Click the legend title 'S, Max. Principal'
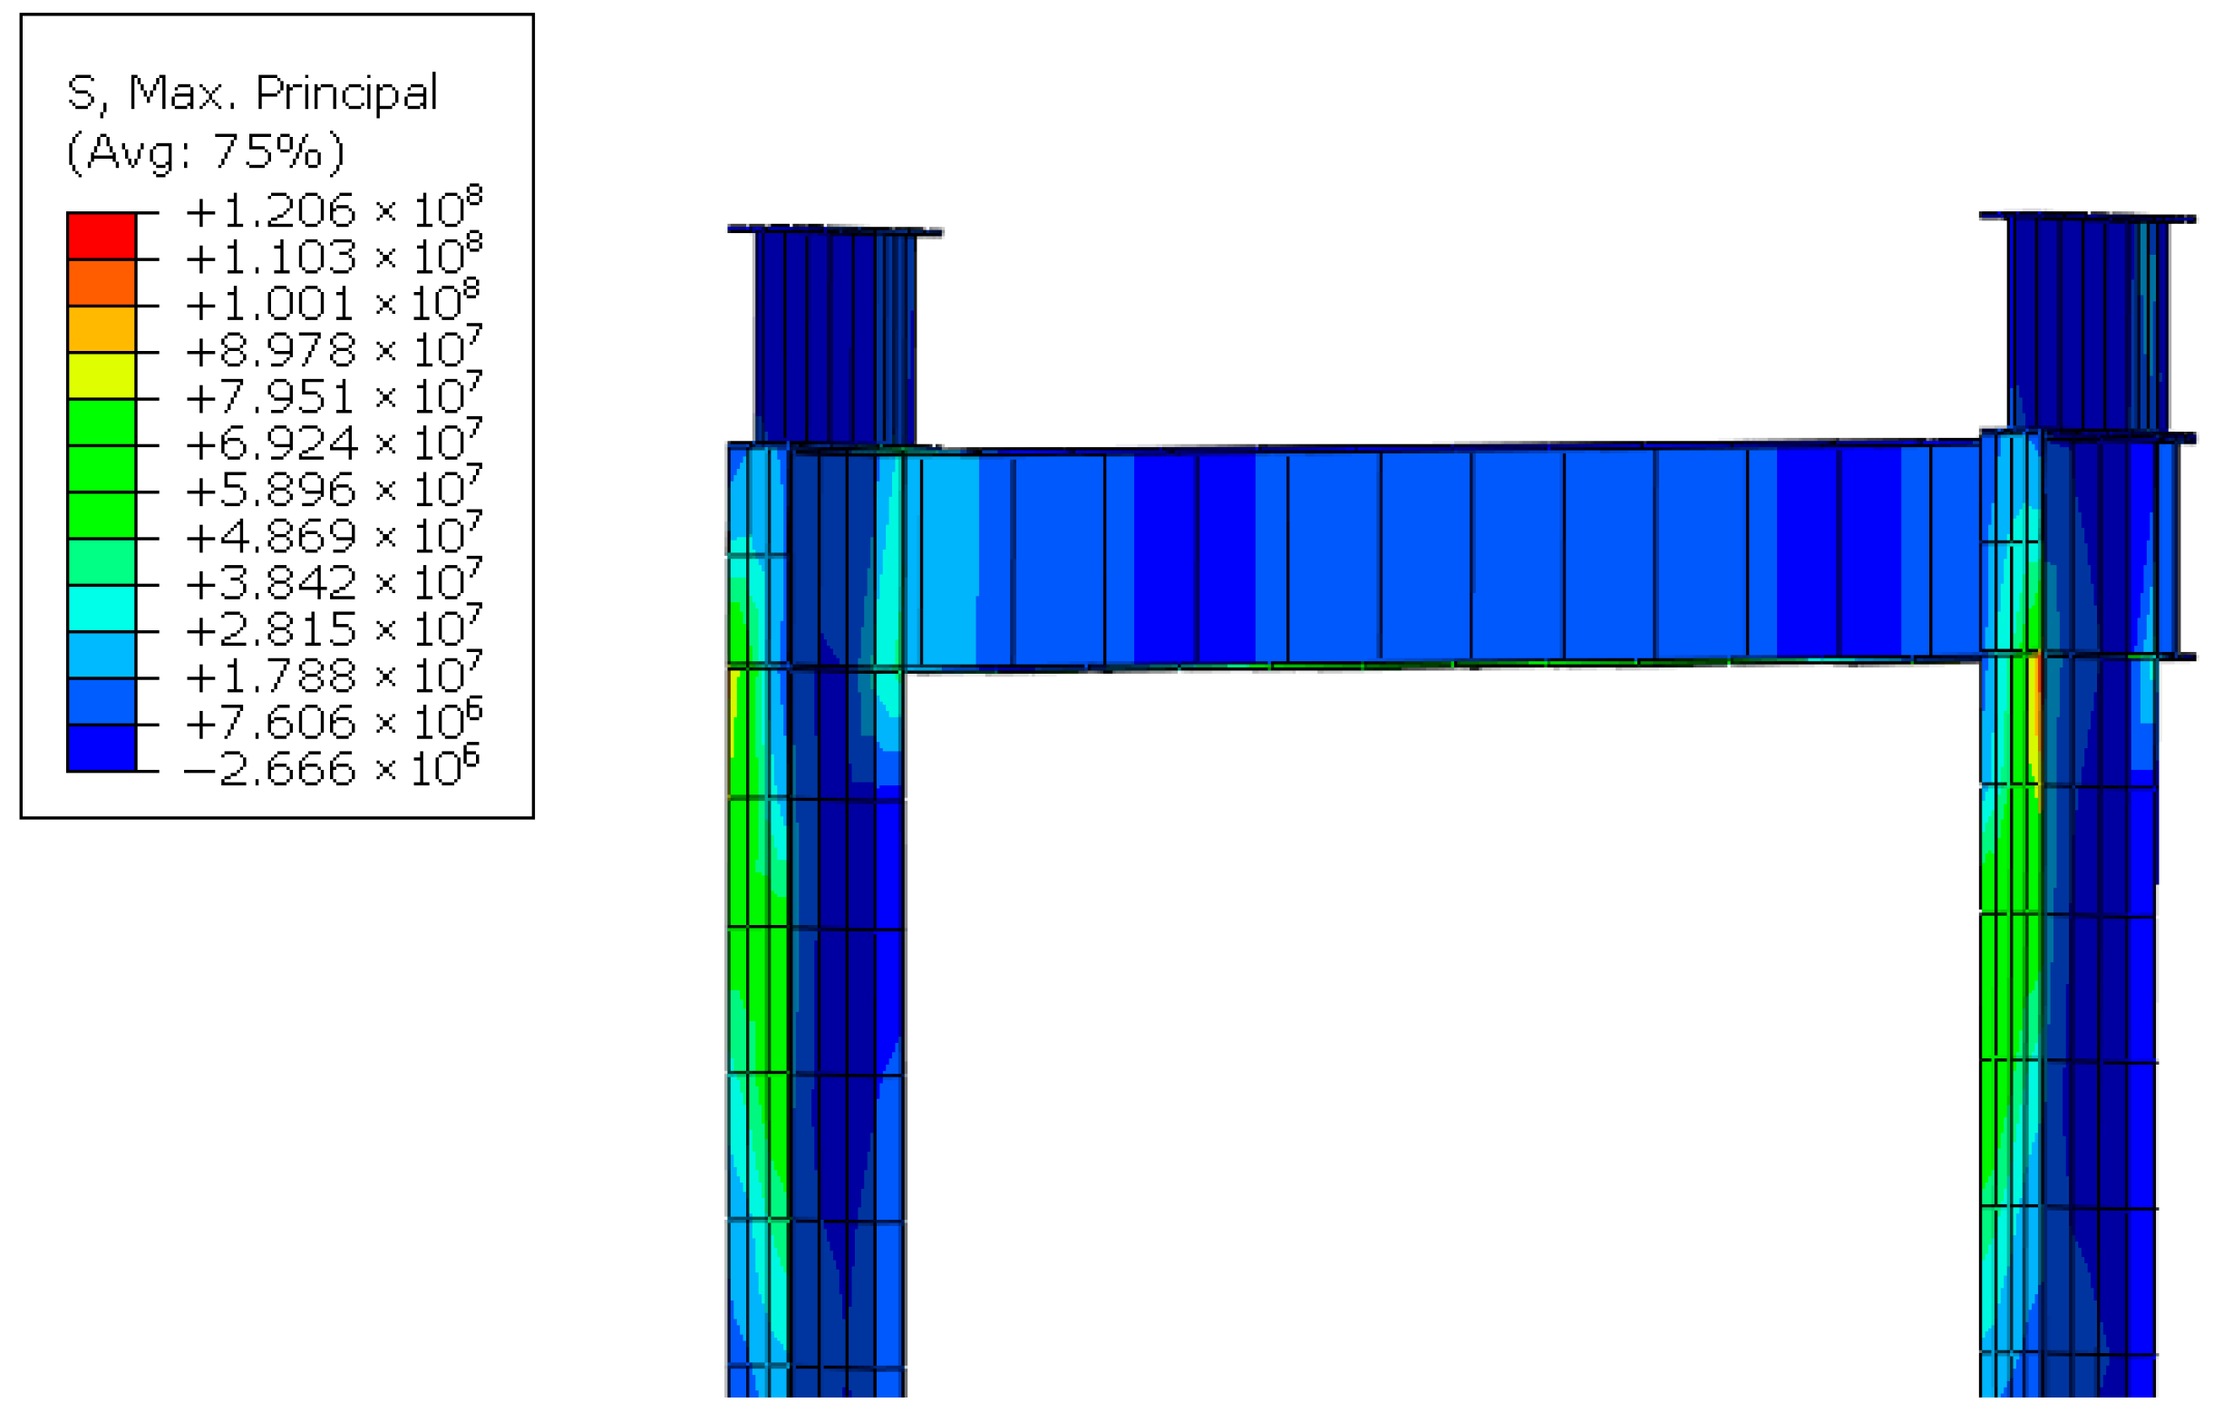pos(252,93)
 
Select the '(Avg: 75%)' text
pos(205,151)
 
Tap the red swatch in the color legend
pos(102,237)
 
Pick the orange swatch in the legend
pos(102,283)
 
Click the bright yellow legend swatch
pos(102,375)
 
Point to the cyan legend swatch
pos(102,609)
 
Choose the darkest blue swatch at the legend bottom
pos(102,748)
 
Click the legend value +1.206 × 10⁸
pos(334,208)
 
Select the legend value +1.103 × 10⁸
pos(334,254)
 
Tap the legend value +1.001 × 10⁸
pos(334,301)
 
